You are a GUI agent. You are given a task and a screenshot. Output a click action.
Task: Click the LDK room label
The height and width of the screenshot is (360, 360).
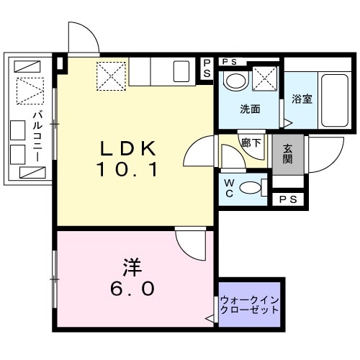tap(128, 149)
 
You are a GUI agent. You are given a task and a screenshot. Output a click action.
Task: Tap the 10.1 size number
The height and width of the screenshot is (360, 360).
tap(128, 171)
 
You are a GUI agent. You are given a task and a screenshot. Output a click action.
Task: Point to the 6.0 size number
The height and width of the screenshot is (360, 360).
tap(131, 289)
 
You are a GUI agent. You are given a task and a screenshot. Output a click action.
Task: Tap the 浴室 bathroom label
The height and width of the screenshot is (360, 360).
tap(302, 99)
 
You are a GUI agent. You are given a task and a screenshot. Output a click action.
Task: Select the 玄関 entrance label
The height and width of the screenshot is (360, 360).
tap(288, 153)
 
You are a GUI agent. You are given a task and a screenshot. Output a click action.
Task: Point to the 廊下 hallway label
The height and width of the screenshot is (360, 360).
tap(251, 143)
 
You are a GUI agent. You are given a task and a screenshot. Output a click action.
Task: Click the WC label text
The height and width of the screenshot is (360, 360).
tap(230, 187)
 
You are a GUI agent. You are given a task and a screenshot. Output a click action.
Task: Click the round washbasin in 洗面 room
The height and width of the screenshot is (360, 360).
tap(235, 81)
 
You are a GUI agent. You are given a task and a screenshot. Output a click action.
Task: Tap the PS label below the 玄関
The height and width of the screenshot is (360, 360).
tap(289, 199)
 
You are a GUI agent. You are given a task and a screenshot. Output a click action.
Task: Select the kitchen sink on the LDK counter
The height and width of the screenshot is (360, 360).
tap(181, 71)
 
